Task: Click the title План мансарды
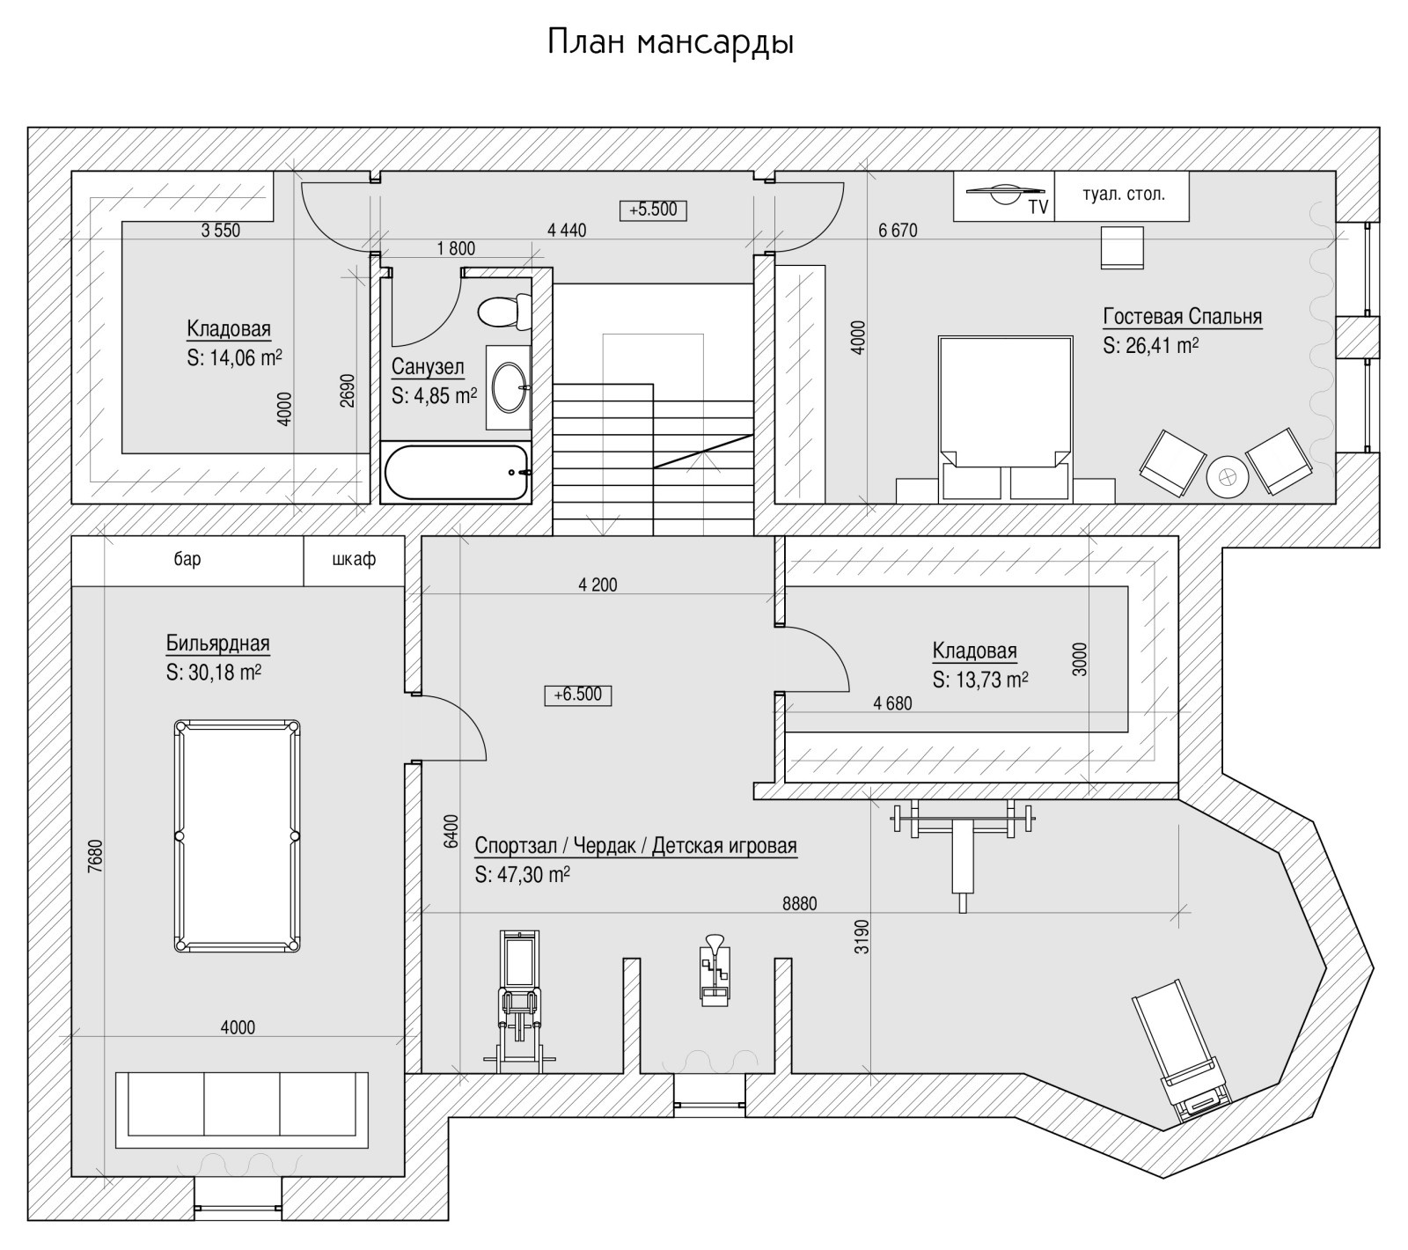671,42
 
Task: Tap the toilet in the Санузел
504,311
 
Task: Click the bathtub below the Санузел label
457,472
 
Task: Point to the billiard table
237,835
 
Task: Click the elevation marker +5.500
653,210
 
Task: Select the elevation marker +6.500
578,695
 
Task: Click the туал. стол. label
1123,194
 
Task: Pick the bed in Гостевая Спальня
1006,414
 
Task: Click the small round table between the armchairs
1226,477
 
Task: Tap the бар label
187,559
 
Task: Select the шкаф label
354,559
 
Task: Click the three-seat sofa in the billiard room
242,1109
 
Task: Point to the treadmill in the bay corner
1179,1052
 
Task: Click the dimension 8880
799,903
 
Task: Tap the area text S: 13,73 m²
980,680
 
